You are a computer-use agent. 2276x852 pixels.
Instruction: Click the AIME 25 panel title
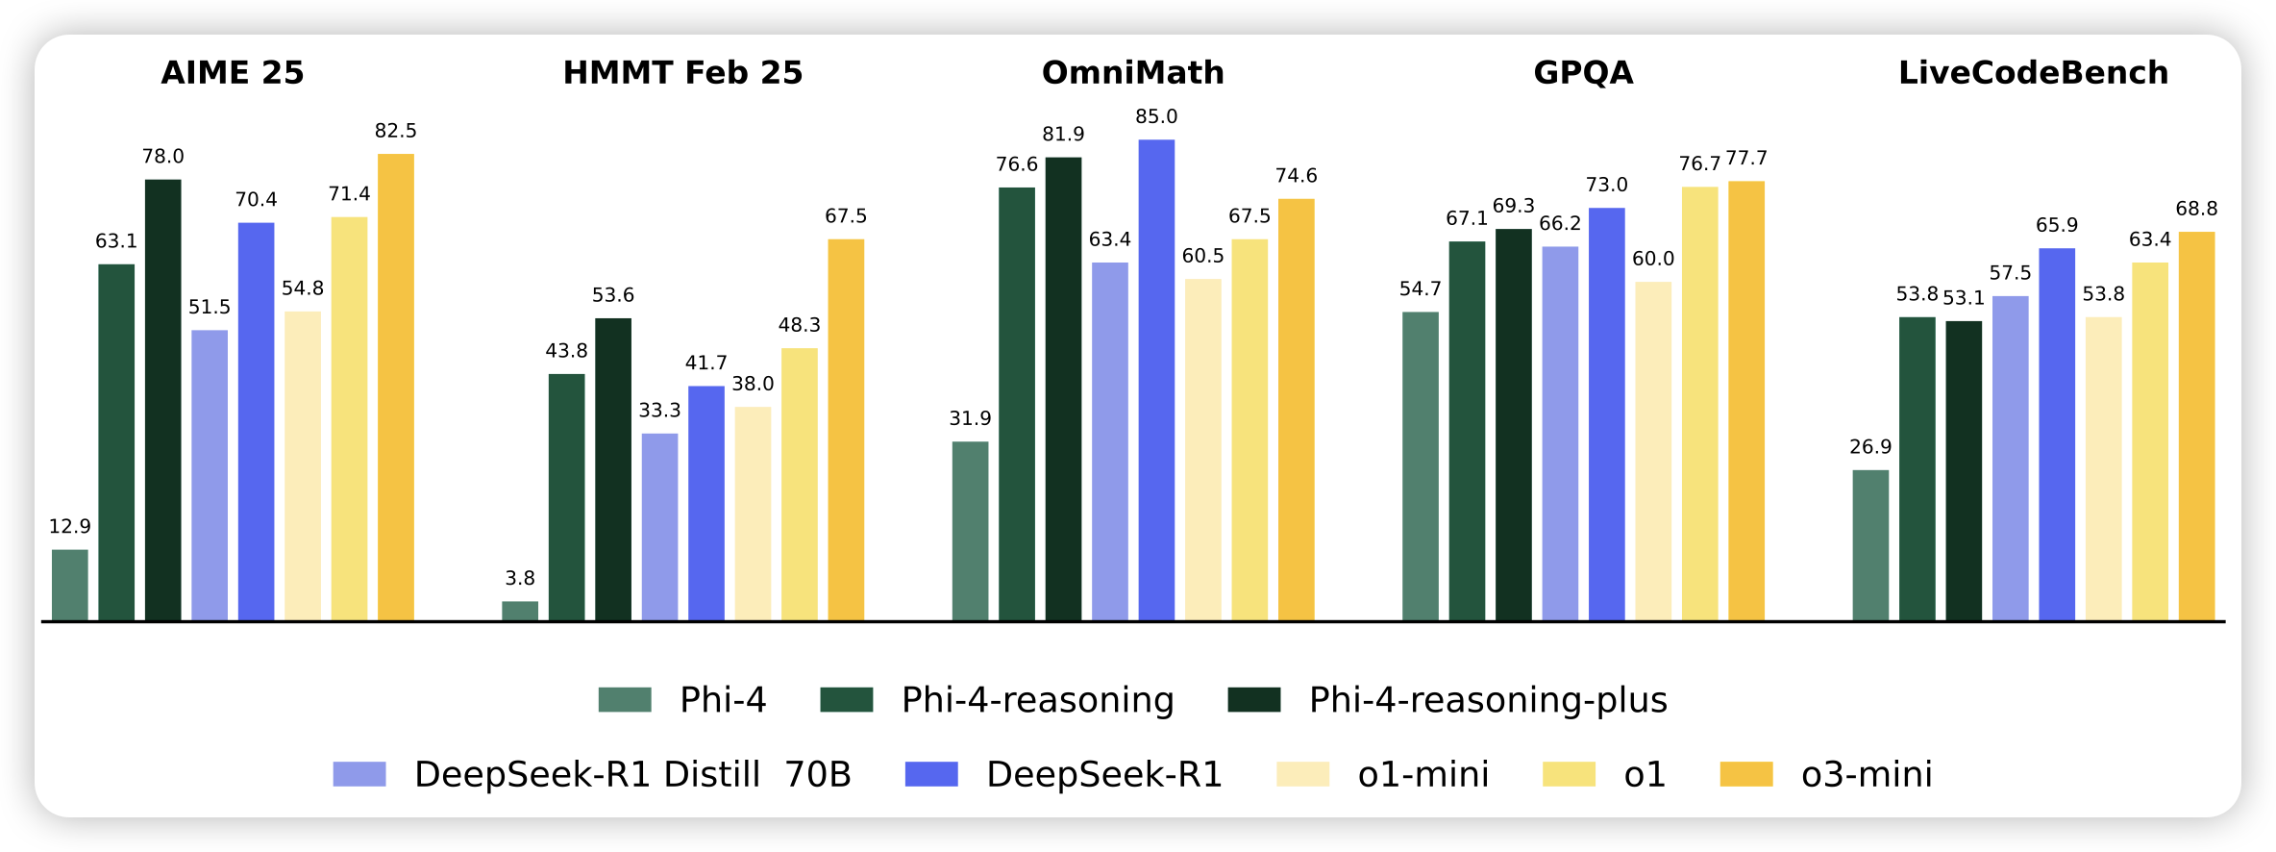coord(233,73)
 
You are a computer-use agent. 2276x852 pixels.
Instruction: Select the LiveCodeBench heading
coord(2033,73)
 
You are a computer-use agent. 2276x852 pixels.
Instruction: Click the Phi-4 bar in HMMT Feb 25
coord(520,611)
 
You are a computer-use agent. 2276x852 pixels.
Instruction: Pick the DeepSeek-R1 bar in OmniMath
coord(1156,380)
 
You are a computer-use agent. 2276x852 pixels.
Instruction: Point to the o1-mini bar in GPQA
coord(1653,451)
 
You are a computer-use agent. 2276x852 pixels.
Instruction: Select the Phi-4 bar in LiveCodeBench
coord(1870,545)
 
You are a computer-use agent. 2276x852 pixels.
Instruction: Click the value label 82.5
coord(396,131)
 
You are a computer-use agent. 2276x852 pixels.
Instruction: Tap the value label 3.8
coord(520,578)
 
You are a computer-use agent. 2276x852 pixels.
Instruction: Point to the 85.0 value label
coord(1156,116)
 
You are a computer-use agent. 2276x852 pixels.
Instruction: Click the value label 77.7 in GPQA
coord(1746,158)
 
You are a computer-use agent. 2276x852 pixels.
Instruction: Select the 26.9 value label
coord(1870,447)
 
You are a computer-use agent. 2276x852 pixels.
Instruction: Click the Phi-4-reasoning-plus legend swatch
coord(1254,699)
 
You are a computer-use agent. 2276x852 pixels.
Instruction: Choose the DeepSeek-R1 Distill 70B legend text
coord(632,774)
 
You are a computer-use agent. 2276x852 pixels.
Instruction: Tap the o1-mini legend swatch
coord(1302,774)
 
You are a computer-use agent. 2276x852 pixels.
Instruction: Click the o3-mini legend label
coord(1867,774)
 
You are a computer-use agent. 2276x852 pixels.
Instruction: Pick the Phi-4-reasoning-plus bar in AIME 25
coord(163,399)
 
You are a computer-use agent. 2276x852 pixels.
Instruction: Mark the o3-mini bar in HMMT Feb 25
coord(846,430)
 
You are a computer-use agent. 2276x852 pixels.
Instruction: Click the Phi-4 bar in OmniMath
coord(970,531)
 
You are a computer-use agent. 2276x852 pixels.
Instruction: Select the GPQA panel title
coord(1583,73)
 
